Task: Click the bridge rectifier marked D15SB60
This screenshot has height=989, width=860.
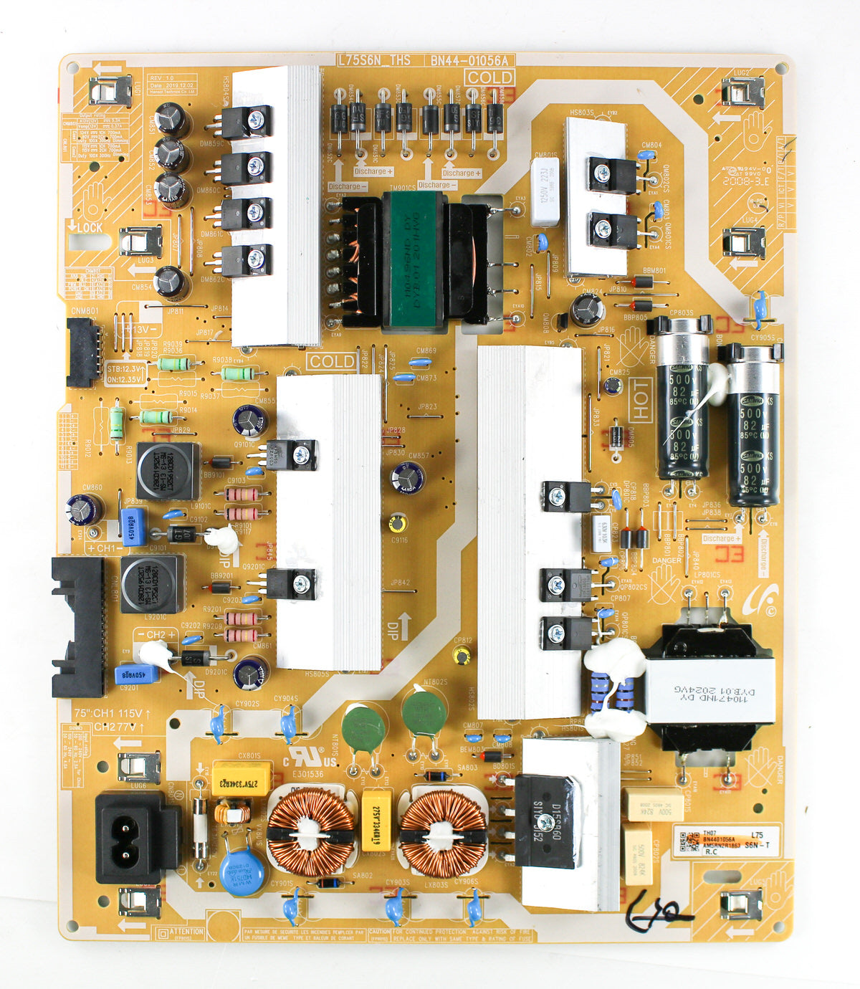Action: coord(545,821)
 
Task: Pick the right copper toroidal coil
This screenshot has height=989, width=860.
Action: coord(442,833)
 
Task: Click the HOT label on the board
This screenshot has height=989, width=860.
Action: coord(640,401)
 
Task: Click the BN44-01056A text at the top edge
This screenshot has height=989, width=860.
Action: coord(469,60)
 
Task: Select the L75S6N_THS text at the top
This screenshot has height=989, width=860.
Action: coord(373,60)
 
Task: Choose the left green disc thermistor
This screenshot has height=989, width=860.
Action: coord(364,728)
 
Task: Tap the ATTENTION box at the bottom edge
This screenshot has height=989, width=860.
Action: coord(180,932)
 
